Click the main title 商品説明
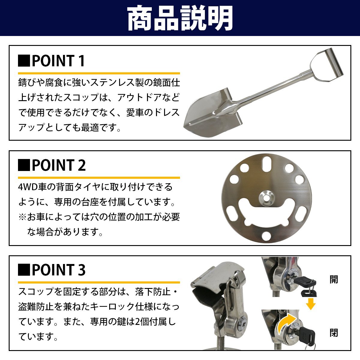[x=180, y=19]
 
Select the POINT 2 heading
[x=58, y=165]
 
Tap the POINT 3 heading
[x=58, y=270]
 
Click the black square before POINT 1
[x=24, y=61]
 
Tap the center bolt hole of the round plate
[x=266, y=198]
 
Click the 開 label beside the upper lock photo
[x=334, y=280]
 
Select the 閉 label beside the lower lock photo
[x=334, y=333]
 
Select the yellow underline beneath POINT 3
[x=99, y=282]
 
